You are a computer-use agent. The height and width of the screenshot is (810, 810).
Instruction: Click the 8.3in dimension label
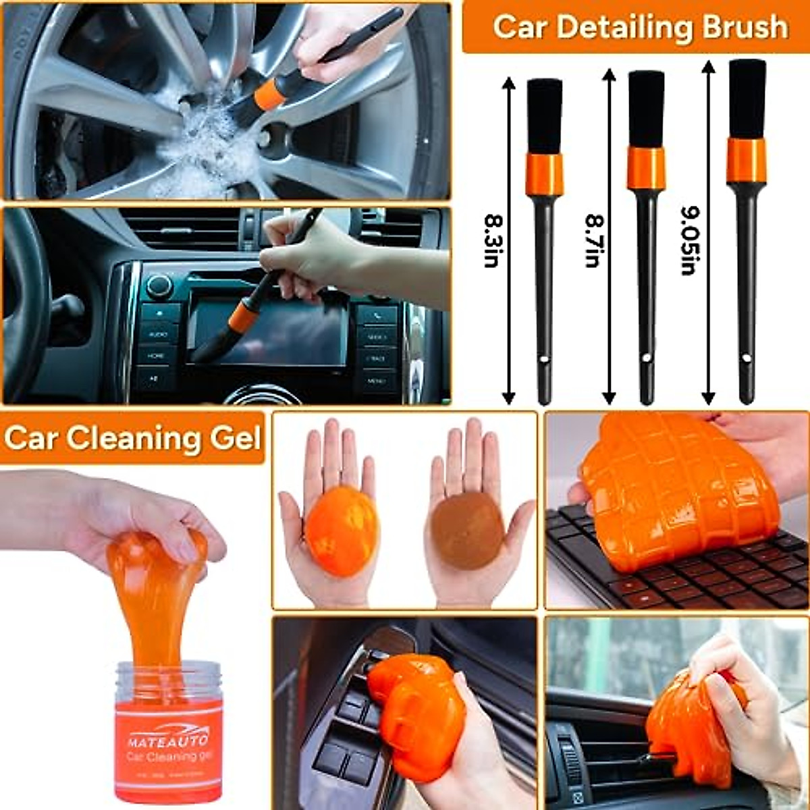coord(491,240)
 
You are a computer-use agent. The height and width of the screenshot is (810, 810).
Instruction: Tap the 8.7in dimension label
coord(593,240)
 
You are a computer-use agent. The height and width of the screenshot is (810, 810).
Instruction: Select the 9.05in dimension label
coord(688,240)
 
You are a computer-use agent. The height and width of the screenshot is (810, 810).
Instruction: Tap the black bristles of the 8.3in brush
coord(544,115)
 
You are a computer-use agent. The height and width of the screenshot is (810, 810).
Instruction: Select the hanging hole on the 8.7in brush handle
coord(646,358)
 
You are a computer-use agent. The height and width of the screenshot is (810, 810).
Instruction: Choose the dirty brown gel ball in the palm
coord(467,531)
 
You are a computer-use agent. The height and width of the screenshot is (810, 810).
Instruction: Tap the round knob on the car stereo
coord(159,286)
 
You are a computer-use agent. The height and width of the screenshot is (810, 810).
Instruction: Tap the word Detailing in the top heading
coord(621,27)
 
